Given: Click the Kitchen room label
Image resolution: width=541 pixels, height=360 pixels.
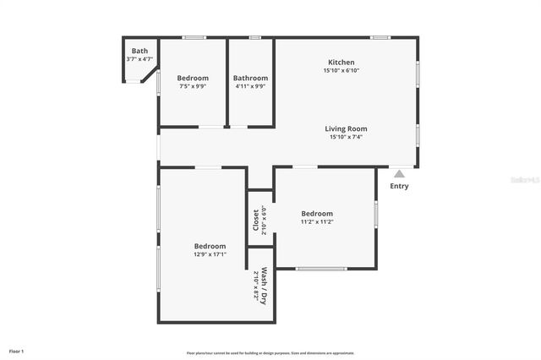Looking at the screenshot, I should coord(341,62).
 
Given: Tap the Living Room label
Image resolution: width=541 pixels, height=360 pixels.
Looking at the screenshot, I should coord(346,128).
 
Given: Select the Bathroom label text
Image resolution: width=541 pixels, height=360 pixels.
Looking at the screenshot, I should coord(250,78).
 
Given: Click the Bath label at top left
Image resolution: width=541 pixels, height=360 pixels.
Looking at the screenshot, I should coord(139,51).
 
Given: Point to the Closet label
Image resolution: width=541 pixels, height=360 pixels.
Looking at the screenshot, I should coord(255,221).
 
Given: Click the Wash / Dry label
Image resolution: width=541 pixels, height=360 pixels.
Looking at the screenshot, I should coord(265,286).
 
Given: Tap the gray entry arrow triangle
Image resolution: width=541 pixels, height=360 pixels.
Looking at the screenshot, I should coord(399,173).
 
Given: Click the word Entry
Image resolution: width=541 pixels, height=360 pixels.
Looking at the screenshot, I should coord(399,186).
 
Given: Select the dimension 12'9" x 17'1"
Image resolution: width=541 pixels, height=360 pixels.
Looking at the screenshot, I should coord(210,254).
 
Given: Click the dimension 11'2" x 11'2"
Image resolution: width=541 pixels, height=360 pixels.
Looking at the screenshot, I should coord(317,222).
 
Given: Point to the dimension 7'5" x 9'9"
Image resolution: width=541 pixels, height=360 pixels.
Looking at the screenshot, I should coord(192,86).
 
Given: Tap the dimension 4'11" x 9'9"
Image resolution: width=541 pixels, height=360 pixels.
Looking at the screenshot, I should coord(250,86).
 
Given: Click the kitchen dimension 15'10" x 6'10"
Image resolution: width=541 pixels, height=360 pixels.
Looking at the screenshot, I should coord(341,70).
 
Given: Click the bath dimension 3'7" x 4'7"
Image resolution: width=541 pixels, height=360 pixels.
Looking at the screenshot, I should coord(139,59).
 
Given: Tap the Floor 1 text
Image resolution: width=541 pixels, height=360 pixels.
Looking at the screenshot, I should coord(17,350).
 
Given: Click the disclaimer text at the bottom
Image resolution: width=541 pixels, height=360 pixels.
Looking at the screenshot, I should coord(270,352).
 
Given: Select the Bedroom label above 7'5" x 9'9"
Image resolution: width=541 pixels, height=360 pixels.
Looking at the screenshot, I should coord(192,78).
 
